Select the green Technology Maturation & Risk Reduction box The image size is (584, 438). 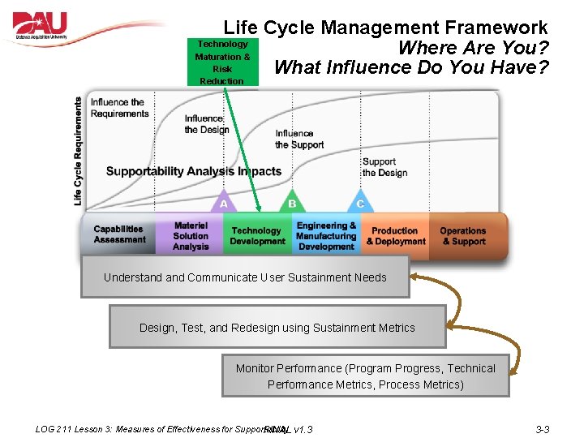(222, 62)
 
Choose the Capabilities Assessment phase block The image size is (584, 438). (120, 234)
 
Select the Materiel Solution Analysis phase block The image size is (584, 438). (191, 236)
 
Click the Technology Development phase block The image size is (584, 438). (257, 236)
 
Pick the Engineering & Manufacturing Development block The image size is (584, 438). (326, 236)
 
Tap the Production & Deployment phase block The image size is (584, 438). (395, 236)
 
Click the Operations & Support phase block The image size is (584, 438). (463, 236)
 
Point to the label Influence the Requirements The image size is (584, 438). (119, 108)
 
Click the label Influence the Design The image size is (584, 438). (207, 124)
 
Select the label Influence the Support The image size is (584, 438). (299, 139)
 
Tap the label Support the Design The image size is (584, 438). (384, 167)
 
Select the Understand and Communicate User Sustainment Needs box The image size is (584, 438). (245, 277)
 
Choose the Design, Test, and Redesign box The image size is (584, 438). (277, 328)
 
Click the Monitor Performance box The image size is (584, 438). (366, 376)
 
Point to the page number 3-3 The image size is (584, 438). (543, 429)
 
